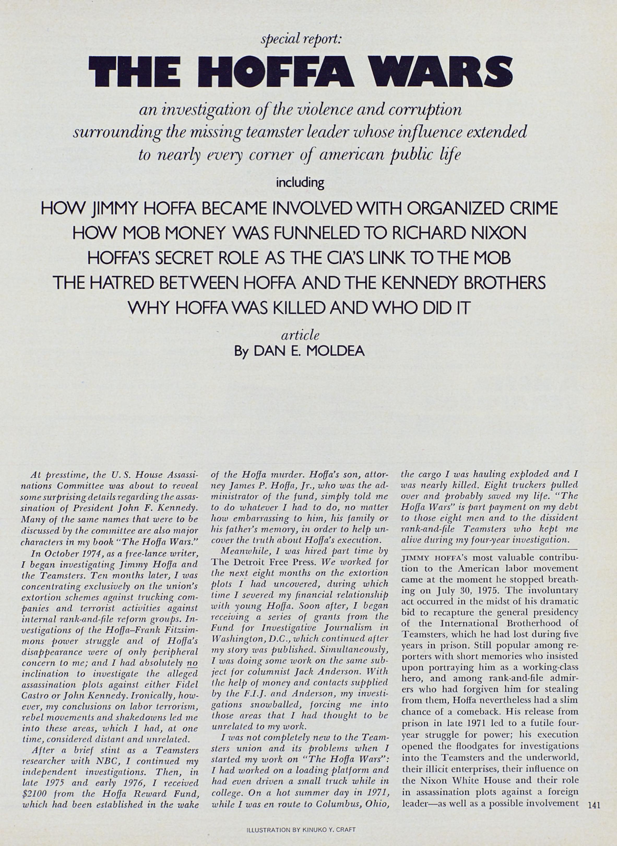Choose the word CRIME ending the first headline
click(534, 208)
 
